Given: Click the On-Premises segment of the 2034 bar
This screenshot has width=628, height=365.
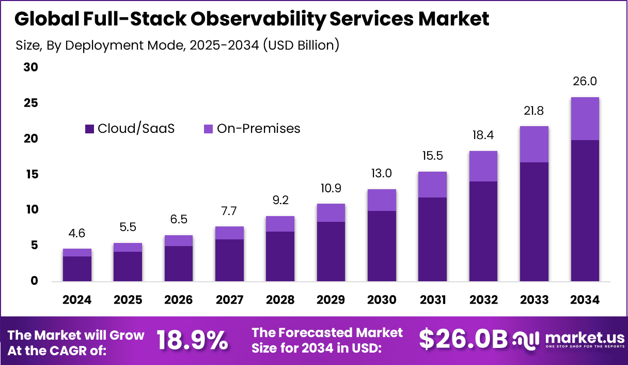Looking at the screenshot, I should pyautogui.click(x=585, y=118).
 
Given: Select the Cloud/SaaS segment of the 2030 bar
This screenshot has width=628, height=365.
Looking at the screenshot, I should pyautogui.click(x=382, y=246).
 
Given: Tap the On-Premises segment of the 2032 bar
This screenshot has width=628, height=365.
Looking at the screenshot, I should pyautogui.click(x=483, y=166).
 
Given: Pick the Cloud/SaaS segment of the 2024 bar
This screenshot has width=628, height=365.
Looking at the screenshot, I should pyautogui.click(x=77, y=268).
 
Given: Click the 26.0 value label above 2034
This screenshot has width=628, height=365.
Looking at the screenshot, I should pyautogui.click(x=585, y=82).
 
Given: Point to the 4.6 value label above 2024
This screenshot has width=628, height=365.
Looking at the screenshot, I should pyautogui.click(x=77, y=233).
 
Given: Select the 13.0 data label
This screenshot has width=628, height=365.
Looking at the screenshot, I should pyautogui.click(x=382, y=174).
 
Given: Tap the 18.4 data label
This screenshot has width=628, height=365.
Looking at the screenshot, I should pyautogui.click(x=483, y=135).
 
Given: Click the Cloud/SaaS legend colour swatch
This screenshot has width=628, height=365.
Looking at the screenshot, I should pyautogui.click(x=89, y=129).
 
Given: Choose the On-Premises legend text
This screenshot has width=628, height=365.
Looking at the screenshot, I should pyautogui.click(x=258, y=129).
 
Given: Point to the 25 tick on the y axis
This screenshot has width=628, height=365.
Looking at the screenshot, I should pyautogui.click(x=32, y=103).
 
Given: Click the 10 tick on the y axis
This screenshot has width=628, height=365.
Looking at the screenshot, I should pyautogui.click(x=32, y=210).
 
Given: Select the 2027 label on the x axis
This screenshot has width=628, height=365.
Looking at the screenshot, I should pyautogui.click(x=229, y=300).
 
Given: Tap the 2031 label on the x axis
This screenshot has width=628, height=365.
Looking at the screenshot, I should pyautogui.click(x=432, y=300).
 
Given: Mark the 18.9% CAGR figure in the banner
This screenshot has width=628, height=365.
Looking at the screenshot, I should pyautogui.click(x=192, y=340).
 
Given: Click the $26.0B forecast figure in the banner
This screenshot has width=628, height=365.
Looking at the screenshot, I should pyautogui.click(x=463, y=340).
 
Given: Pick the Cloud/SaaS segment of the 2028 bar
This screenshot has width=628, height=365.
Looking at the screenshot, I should pyautogui.click(x=280, y=256).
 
